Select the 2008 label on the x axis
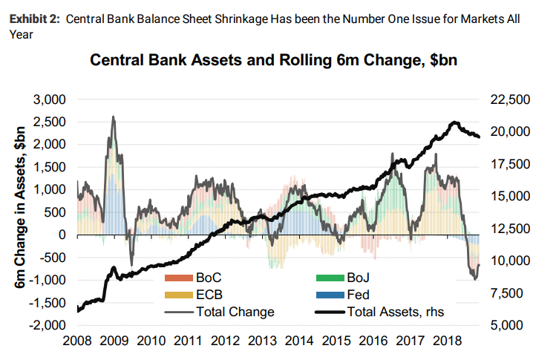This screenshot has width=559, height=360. [78, 341]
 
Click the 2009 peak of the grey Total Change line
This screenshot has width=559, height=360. [113, 117]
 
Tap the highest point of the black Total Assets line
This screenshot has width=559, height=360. [454, 122]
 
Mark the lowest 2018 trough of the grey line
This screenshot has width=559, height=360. [474, 279]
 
